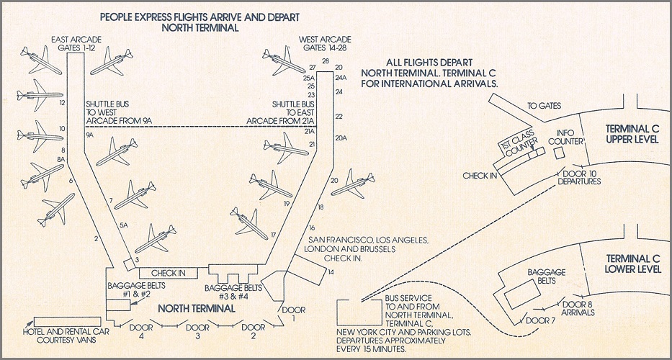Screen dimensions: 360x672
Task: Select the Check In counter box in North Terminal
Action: (168, 273)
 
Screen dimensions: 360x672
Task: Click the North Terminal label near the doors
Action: (197, 309)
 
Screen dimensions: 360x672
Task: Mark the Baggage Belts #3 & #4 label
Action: (231, 291)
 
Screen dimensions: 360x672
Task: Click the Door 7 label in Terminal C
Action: (542, 320)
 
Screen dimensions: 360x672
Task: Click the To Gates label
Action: (544, 106)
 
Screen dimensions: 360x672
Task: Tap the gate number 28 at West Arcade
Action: (325, 61)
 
